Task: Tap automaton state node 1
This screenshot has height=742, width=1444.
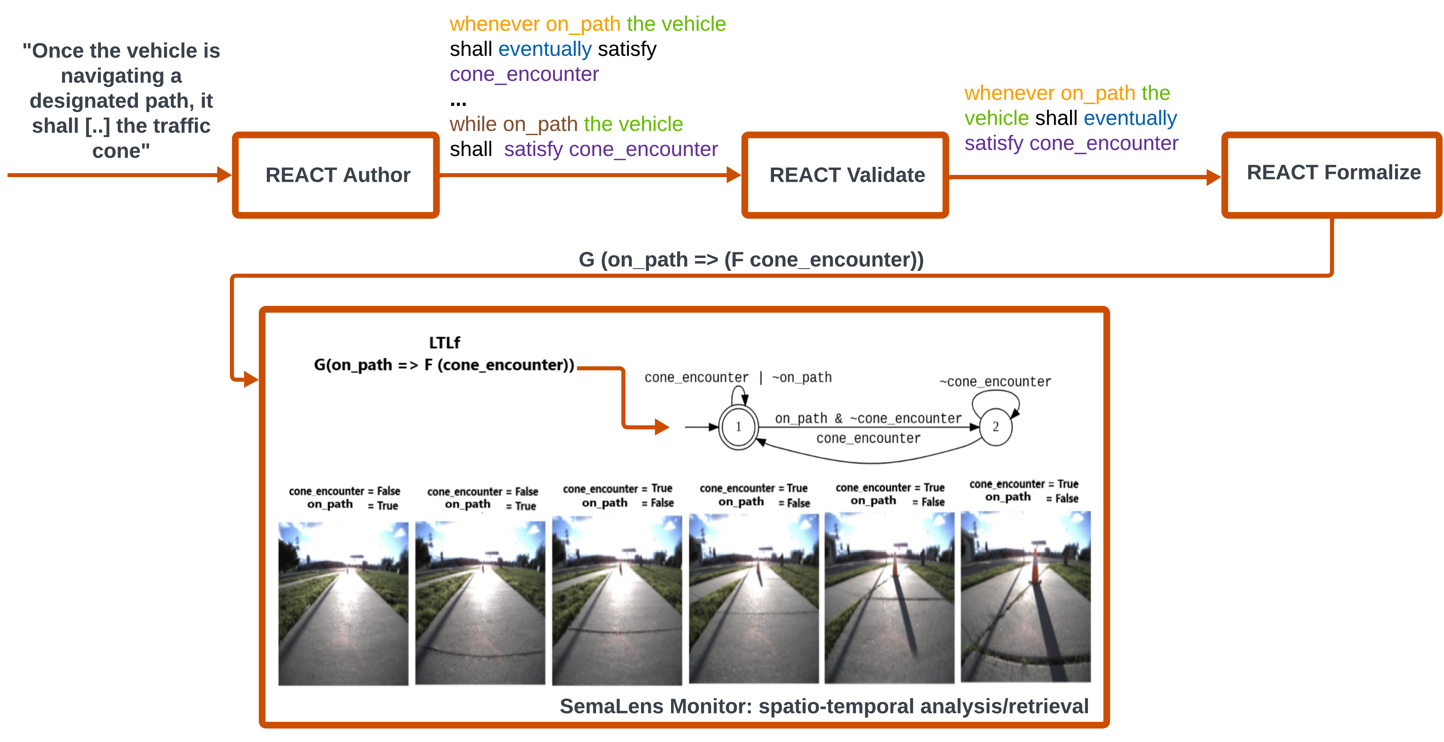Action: pyautogui.click(x=738, y=427)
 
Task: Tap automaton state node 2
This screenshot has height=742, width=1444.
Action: pyautogui.click(x=996, y=427)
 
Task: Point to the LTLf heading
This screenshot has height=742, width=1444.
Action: pyautogui.click(x=444, y=343)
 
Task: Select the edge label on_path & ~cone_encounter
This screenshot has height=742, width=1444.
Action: pyautogui.click(x=868, y=418)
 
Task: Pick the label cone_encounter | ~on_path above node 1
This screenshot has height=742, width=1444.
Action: pyautogui.click(x=738, y=377)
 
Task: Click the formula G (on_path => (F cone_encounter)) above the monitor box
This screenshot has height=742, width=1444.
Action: pyautogui.click(x=751, y=260)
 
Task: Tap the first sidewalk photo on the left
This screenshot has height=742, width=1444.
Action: pyautogui.click(x=343, y=603)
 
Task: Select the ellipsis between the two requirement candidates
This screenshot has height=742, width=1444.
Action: pyautogui.click(x=458, y=103)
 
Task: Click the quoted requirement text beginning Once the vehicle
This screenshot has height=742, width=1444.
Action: pyautogui.click(x=121, y=101)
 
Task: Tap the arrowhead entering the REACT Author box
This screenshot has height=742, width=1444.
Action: pyautogui.click(x=224, y=175)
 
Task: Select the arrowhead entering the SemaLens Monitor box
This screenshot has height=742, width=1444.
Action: pyautogui.click(x=251, y=380)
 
